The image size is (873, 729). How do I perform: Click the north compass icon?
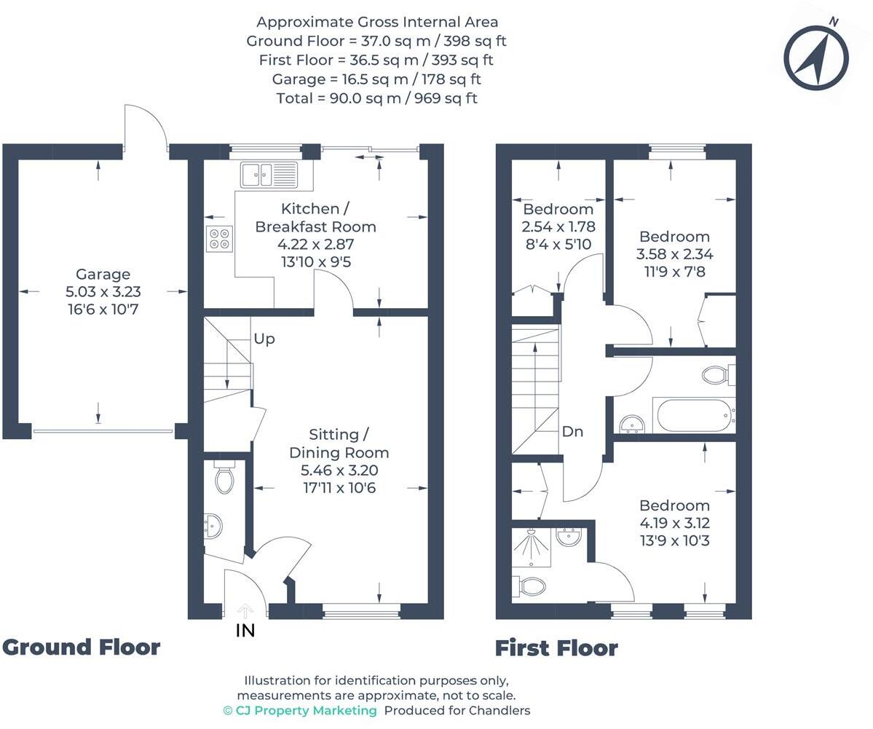tap(816, 58)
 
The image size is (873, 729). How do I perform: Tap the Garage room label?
tap(103, 275)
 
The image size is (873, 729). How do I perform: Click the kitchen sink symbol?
tap(268, 175)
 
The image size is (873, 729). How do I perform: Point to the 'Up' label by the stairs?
tap(264, 339)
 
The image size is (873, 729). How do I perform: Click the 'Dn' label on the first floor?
tap(572, 431)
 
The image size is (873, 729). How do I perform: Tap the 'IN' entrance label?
tap(245, 631)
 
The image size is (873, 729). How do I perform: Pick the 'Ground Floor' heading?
tap(81, 647)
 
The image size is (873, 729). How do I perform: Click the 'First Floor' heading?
tap(556, 647)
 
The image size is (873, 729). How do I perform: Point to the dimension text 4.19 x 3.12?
tap(674, 523)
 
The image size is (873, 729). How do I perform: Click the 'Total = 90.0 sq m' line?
tap(376, 98)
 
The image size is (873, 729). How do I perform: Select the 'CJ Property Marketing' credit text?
tap(300, 710)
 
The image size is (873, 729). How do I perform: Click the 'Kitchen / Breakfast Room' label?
tap(315, 218)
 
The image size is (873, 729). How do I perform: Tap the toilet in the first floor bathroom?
tap(716, 375)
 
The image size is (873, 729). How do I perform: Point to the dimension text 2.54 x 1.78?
tap(558, 226)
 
